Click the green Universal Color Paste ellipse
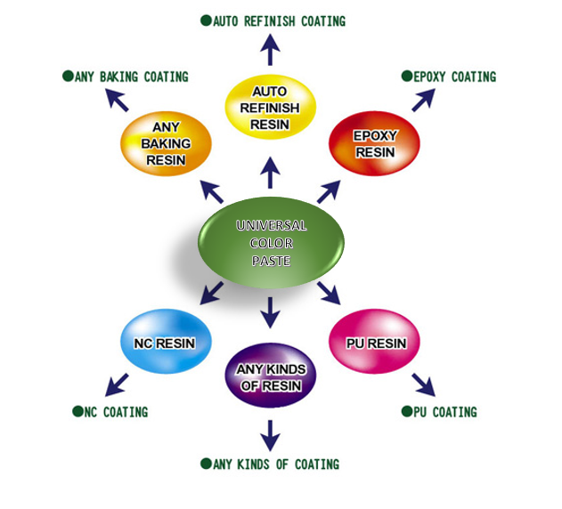coord(271,242)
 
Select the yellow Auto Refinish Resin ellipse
coord(270,108)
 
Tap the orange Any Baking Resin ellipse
coord(166,143)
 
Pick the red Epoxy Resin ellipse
coord(375,143)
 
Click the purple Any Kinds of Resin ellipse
coord(271,377)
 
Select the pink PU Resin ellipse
coord(374,343)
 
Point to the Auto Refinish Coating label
coord(279,20)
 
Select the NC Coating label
coord(116,412)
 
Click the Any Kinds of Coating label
coord(275,464)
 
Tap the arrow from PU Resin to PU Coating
coord(423,384)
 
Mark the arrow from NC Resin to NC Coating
coord(117,384)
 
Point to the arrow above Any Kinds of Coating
coord(271,434)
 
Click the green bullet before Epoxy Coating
coord(407,77)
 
